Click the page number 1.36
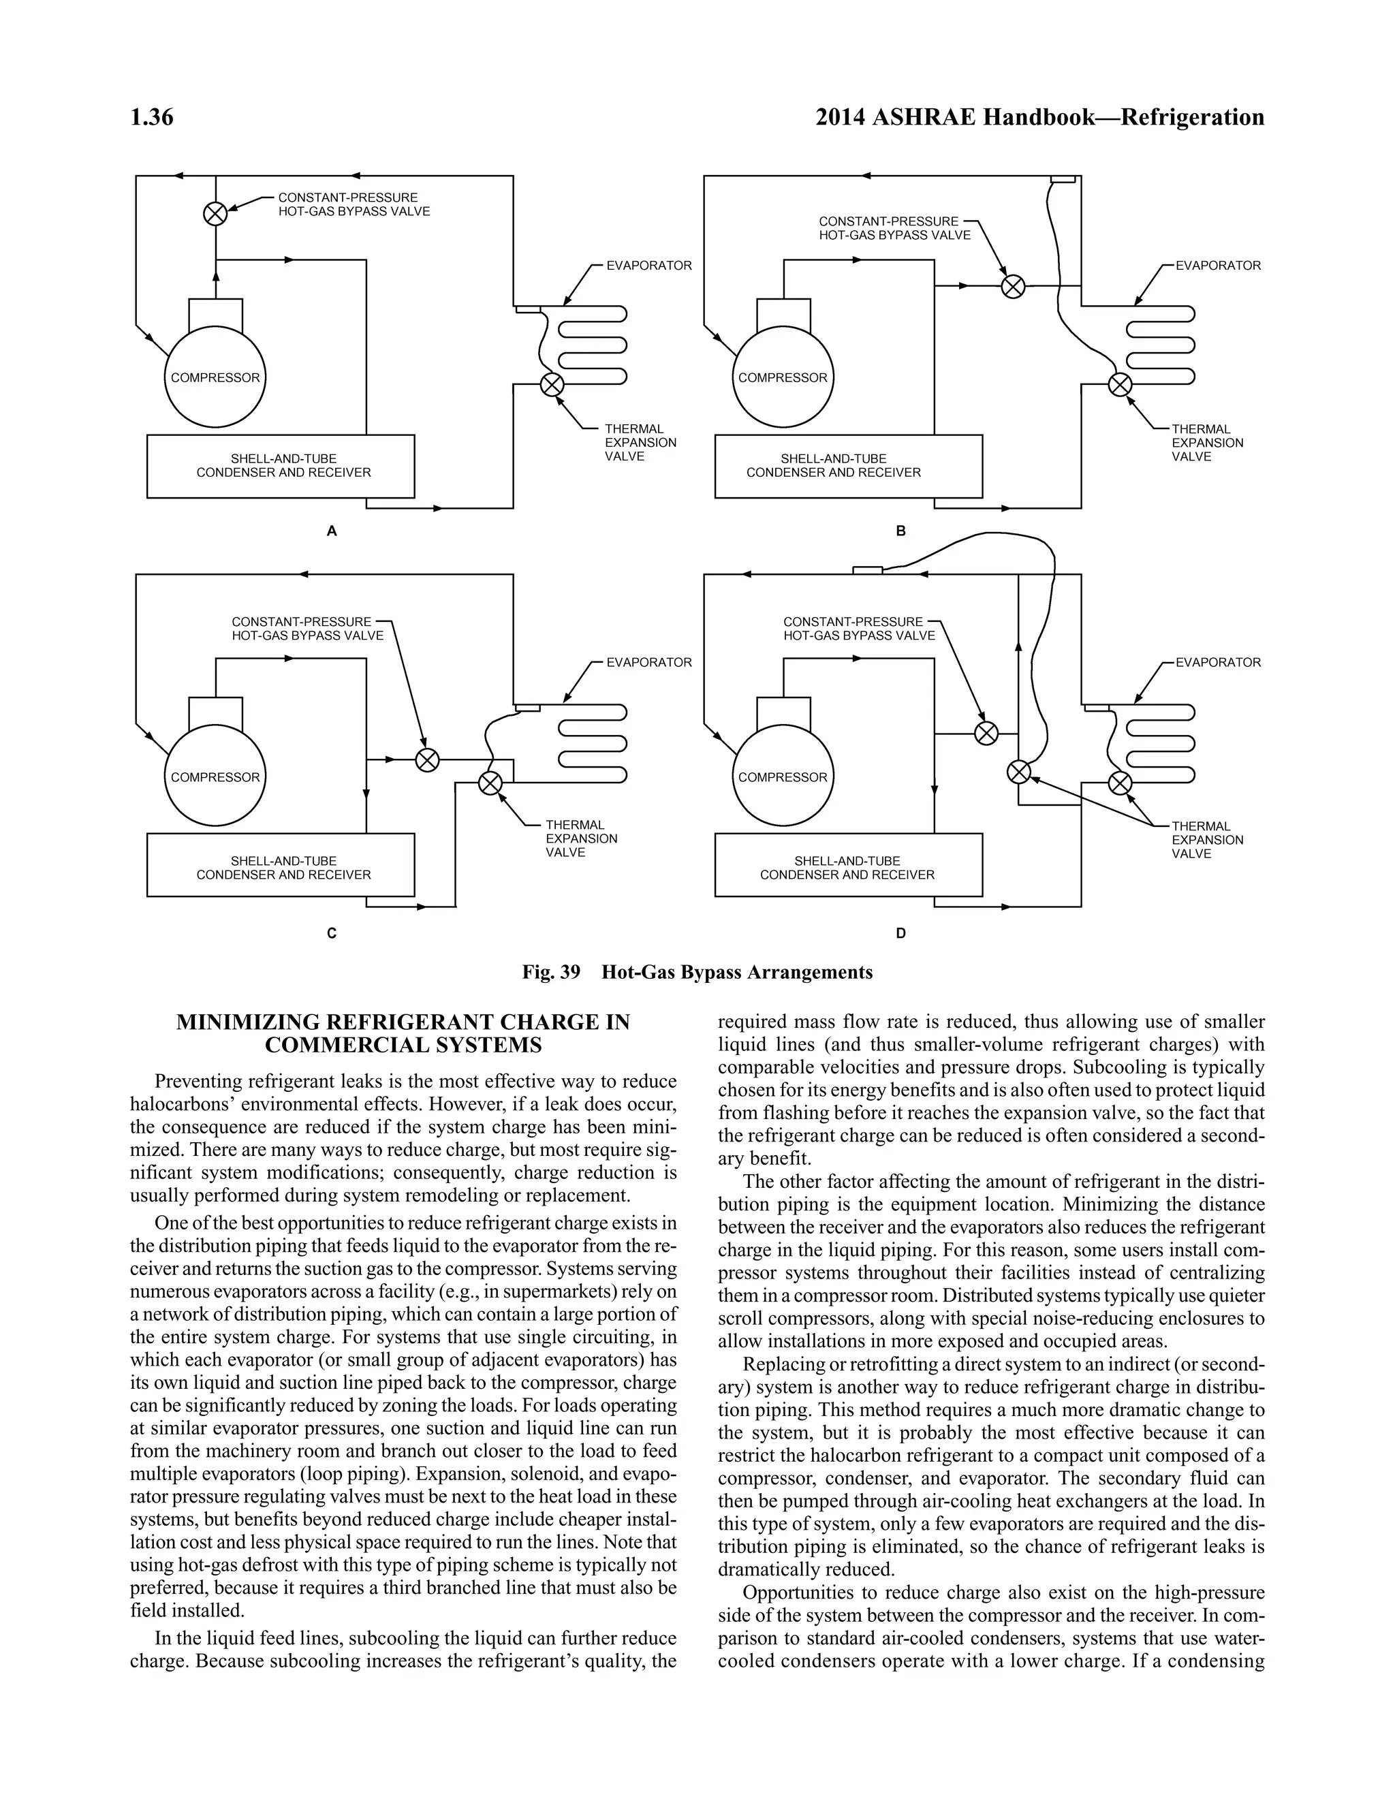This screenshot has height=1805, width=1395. click(x=151, y=117)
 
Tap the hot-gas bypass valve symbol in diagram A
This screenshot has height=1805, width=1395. click(x=215, y=214)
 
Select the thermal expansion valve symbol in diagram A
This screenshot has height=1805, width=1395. click(x=551, y=384)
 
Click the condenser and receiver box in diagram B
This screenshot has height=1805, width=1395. click(x=848, y=466)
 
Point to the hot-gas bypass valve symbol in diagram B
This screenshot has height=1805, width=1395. click(x=1013, y=286)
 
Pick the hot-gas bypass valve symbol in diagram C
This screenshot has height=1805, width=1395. click(x=427, y=759)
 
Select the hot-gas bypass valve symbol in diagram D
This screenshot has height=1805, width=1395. click(x=986, y=733)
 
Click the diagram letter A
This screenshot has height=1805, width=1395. click(x=332, y=531)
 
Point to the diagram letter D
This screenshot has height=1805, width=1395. click(x=900, y=933)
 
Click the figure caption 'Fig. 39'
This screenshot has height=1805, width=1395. click(x=551, y=972)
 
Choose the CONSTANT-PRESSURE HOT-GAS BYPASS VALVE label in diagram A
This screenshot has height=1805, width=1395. click(x=354, y=204)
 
